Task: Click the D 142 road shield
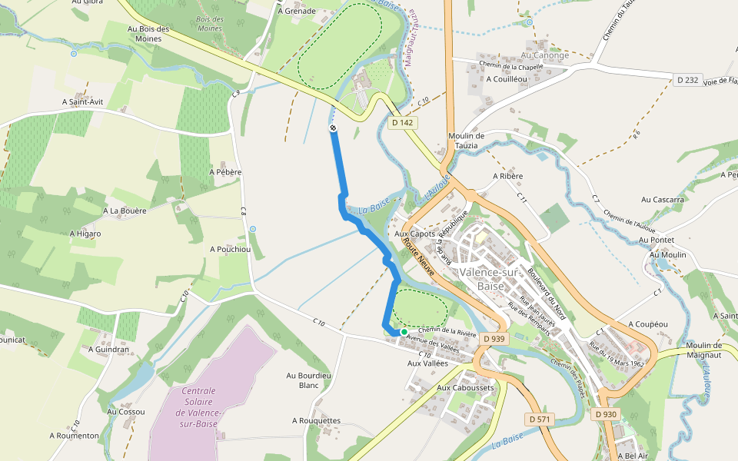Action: [x=402, y=122]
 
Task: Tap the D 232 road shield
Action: [x=689, y=80]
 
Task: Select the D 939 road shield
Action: [x=494, y=338]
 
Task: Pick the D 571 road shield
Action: [x=541, y=420]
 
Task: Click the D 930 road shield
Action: [x=606, y=414]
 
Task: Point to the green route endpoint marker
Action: [x=404, y=332]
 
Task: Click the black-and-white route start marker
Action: [x=333, y=128]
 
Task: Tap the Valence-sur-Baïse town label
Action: [x=490, y=279]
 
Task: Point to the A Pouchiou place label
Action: [x=230, y=249]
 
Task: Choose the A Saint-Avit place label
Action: [x=82, y=101]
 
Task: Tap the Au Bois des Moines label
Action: [x=148, y=33]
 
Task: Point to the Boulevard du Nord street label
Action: [x=547, y=293]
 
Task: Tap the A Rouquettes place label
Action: [x=316, y=420]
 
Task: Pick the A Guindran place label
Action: [x=108, y=349]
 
